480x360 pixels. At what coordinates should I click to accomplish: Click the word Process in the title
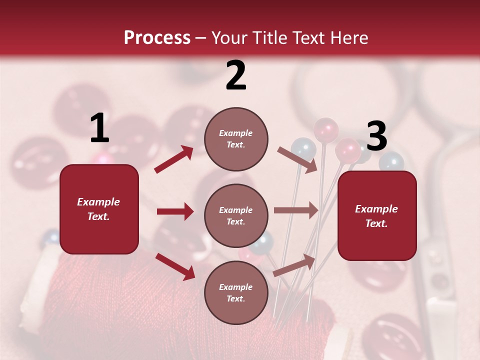coord(157,38)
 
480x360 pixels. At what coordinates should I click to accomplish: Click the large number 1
coord(99,128)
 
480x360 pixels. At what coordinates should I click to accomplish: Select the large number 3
coord(376,136)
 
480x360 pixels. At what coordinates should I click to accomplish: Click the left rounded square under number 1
coord(99,209)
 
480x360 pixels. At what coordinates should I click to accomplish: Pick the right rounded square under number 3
coord(377,216)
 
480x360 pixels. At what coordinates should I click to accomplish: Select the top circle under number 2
coord(236,139)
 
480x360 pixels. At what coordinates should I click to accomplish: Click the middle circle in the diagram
coord(236,215)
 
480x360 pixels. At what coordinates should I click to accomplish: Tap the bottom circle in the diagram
coord(236,292)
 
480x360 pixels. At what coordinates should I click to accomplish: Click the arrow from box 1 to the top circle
coord(174,159)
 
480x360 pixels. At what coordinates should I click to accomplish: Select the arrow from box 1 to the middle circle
coord(175,211)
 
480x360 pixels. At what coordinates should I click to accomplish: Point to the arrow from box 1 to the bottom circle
coord(175,266)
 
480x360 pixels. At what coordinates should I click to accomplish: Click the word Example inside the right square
coord(376,209)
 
